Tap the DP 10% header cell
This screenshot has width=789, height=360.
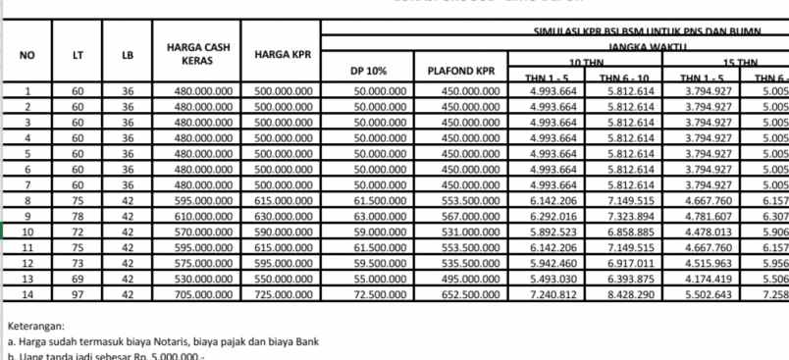click(371, 71)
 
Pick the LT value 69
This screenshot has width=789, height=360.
click(78, 279)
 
